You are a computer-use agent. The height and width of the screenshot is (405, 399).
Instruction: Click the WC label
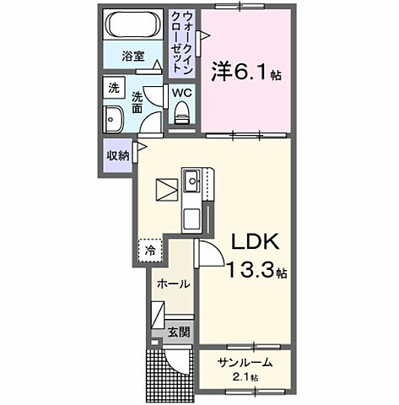pos(181,94)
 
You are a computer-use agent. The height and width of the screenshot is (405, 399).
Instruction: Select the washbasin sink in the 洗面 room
pos(113,118)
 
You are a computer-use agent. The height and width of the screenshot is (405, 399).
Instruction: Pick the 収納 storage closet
pos(118,156)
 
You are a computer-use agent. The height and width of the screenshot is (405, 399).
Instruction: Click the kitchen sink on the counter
pos(192,179)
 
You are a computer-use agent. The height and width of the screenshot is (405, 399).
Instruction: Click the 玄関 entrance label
pos(178,332)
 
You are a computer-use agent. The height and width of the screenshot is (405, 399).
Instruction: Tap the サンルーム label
pos(244,362)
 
